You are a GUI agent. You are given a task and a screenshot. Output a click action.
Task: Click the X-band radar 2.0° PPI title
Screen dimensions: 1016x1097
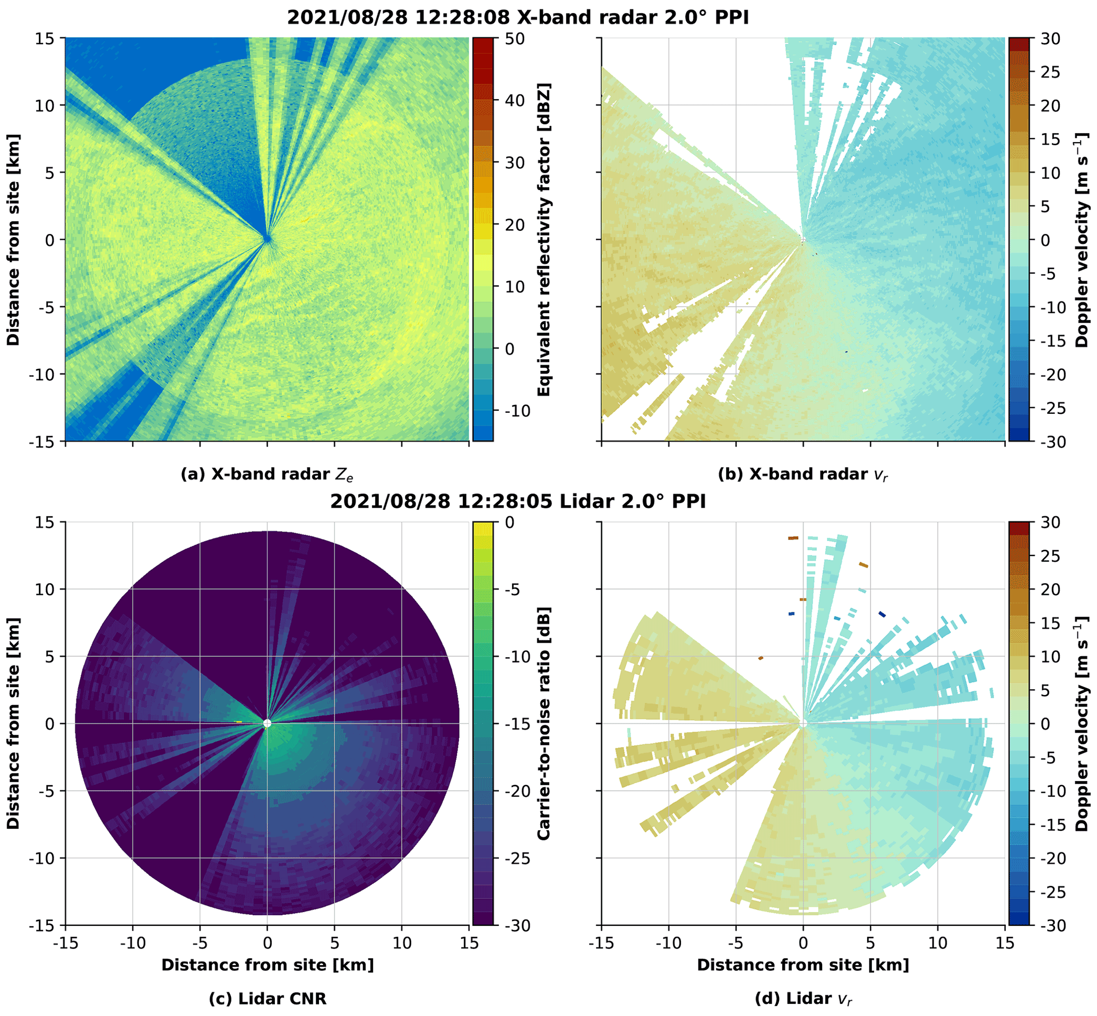tap(517, 18)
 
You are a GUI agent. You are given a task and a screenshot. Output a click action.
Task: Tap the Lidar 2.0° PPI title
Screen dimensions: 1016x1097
tap(517, 501)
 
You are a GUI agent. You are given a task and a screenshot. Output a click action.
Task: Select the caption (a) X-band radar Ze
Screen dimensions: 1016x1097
tap(267, 474)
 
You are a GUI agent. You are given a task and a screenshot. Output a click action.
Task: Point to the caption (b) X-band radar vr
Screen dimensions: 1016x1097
tap(802, 474)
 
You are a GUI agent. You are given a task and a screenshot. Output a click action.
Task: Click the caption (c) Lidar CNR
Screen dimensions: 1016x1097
tap(267, 998)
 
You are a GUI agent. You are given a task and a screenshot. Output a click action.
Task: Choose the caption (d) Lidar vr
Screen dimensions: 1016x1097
tap(803, 998)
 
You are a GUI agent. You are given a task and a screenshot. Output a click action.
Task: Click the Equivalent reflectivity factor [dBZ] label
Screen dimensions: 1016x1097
tap(543, 240)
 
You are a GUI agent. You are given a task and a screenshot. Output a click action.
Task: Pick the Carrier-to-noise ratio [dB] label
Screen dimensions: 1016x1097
tap(543, 724)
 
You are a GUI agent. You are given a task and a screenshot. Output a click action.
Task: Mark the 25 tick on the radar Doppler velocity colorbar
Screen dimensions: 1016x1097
tap(1050, 72)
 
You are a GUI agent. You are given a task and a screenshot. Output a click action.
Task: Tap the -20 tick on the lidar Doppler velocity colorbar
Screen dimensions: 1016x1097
tap(1050, 858)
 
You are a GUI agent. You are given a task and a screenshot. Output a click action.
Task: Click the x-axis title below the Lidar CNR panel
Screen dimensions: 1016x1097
tap(267, 965)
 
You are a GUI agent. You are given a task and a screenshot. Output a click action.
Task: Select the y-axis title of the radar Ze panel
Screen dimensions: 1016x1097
tap(13, 240)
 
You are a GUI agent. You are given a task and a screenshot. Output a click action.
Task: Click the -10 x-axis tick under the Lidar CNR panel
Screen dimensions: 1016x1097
tap(133, 943)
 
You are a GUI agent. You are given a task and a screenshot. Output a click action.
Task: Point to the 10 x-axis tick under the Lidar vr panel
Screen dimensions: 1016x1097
tap(938, 943)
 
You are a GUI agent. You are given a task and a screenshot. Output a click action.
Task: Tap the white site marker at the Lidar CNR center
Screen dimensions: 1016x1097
tap(267, 724)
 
